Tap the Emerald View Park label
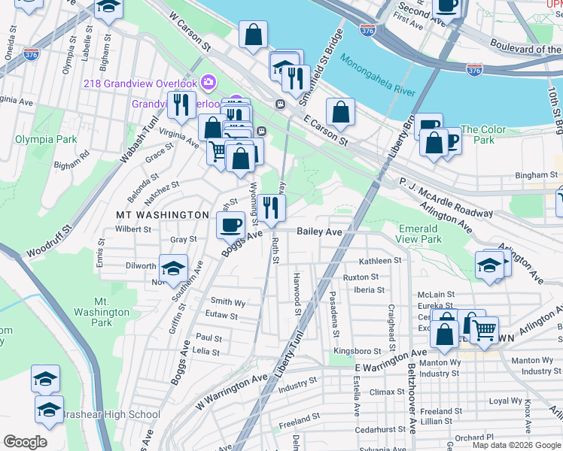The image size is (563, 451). click(418, 234)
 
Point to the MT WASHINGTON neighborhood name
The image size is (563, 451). click(162, 215)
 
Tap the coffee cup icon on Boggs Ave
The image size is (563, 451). click(231, 223)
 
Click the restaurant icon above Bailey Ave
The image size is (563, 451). click(272, 207)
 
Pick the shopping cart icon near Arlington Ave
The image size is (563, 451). click(484, 328)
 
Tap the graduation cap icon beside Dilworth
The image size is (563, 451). click(173, 268)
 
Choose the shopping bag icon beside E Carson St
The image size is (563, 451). click(341, 112)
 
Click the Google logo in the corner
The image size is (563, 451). click(26, 442)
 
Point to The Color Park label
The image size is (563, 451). click(479, 135)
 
